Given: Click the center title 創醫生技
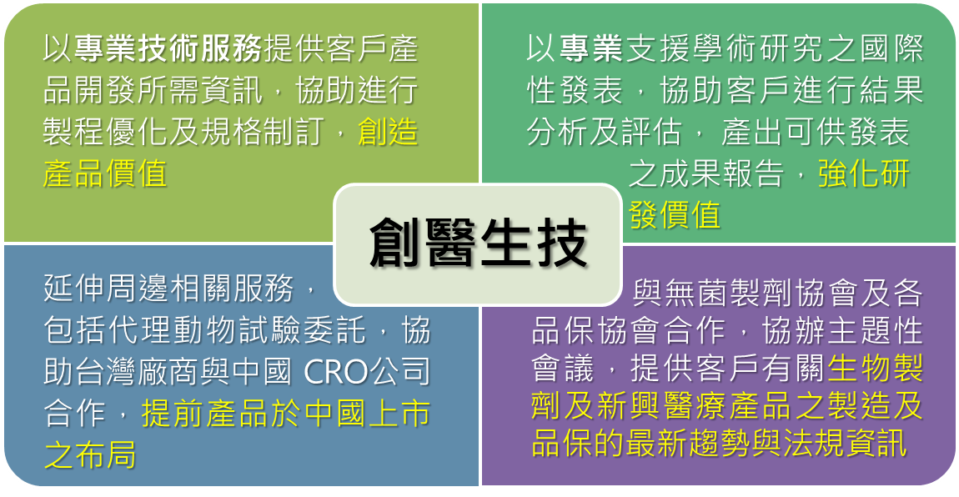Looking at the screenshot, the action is [x=479, y=244].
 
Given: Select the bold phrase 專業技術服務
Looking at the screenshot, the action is [x=168, y=49].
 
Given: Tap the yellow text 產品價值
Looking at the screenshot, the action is [x=105, y=173].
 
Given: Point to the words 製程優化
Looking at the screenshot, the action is [x=105, y=132].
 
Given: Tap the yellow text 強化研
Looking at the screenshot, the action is [x=864, y=173].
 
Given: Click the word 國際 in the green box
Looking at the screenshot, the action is [x=891, y=49].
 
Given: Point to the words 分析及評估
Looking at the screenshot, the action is [x=605, y=132].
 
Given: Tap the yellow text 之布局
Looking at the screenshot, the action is [x=90, y=454].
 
